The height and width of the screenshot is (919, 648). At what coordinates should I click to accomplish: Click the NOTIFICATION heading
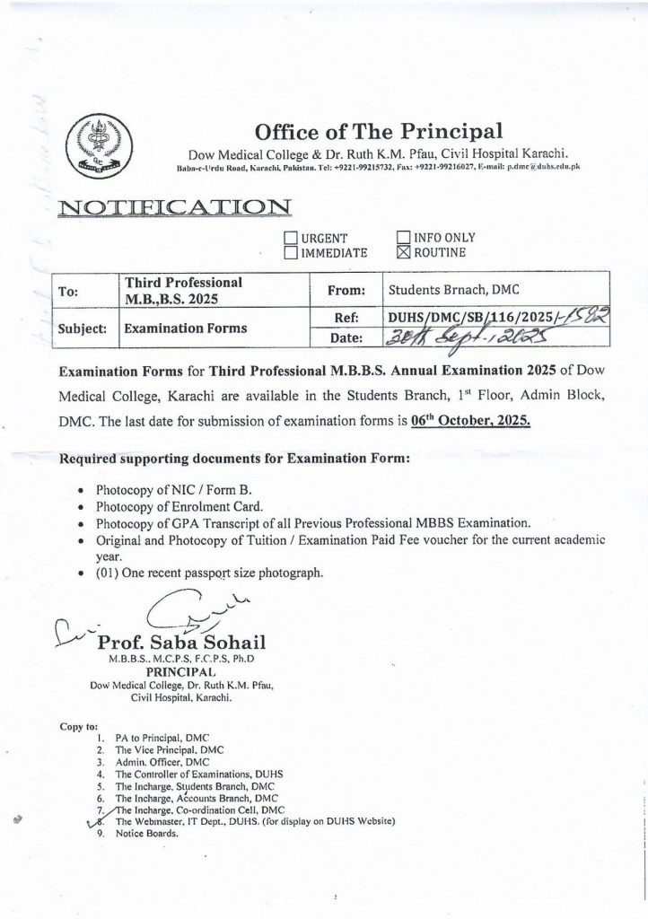pos(172,208)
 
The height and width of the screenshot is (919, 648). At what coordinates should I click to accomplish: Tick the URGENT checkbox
pos(291,238)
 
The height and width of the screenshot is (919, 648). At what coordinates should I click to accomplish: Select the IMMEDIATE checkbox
pos(291,253)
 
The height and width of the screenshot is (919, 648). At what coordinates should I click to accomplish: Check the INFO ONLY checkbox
pos(401,238)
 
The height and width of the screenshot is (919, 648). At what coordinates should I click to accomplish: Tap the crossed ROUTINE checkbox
pos(401,253)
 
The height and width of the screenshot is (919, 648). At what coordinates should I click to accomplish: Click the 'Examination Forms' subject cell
pos(186,328)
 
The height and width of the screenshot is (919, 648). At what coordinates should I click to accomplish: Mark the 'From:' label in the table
pos(349,291)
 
